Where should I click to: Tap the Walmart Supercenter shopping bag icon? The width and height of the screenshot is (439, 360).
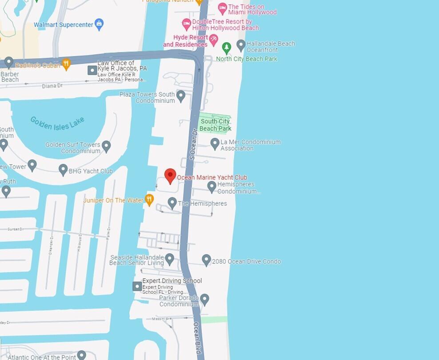100,24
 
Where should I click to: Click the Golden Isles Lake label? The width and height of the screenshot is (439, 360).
57,123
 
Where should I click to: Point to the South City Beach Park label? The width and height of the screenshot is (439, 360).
216,125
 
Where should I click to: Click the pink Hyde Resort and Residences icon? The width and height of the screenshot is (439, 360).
213,40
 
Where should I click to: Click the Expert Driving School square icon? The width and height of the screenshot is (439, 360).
137,286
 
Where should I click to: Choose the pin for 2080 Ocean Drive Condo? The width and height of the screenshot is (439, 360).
206,260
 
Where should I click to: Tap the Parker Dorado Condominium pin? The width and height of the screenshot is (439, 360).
204,299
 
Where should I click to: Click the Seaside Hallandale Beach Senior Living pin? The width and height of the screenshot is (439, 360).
169,258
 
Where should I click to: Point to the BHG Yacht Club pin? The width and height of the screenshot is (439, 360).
63,170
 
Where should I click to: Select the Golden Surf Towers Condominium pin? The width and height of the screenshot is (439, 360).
106,145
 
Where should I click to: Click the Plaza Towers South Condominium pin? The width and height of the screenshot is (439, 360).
181,95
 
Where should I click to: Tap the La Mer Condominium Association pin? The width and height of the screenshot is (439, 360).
215,143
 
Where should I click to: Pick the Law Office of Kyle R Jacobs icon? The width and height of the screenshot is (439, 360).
92,70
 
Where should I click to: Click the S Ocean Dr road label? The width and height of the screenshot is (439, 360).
193,144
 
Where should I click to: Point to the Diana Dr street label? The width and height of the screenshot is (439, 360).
52,86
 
